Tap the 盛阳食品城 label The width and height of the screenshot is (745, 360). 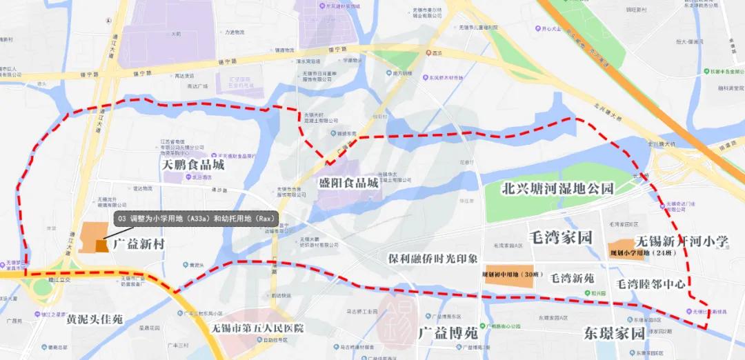click(348, 183)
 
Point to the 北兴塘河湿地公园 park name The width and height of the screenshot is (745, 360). click(557, 188)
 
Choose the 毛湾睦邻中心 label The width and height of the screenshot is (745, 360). click(651, 283)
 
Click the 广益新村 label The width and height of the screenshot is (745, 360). click(139, 243)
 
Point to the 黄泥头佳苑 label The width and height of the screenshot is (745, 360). click(95, 320)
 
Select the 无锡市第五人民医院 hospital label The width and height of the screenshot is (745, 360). click(258, 328)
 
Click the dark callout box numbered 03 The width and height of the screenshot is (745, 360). click(196, 219)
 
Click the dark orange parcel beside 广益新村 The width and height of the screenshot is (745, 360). click(101, 246)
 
